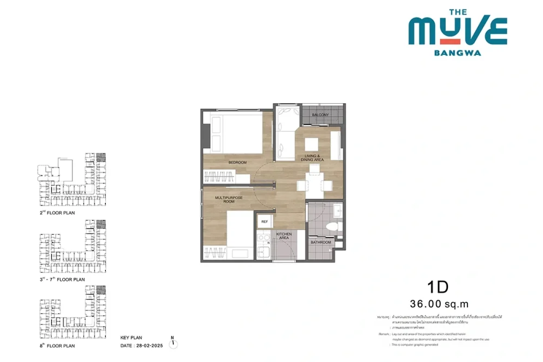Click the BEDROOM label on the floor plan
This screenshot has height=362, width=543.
(x=237, y=163)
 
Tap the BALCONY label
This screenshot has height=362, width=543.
(x=320, y=115)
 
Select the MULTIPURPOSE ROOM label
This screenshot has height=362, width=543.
(x=229, y=200)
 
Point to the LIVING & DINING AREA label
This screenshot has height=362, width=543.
(x=314, y=158)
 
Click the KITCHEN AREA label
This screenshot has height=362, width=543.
(x=284, y=236)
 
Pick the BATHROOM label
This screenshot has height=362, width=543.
(x=321, y=243)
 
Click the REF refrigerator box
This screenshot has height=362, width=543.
(x=264, y=222)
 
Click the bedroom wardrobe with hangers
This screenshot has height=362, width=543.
(x=220, y=176)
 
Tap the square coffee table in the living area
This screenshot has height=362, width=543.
(x=311, y=144)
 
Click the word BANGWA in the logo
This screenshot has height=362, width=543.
(x=457, y=53)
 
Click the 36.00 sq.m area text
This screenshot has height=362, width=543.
(x=440, y=304)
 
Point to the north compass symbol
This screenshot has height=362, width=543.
(x=173, y=342)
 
